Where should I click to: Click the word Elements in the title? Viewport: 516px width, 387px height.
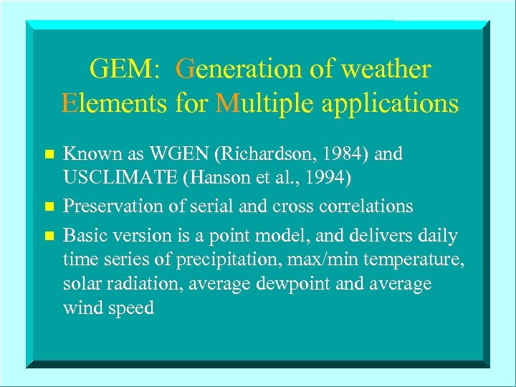pos(115,103)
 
